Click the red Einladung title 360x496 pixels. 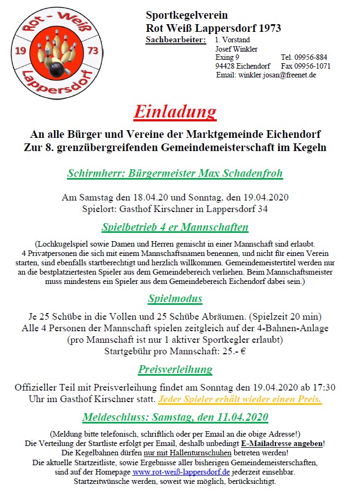click(175, 112)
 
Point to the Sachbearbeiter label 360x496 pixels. click(176, 40)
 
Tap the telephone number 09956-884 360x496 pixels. click(304, 57)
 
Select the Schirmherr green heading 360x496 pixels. click(175, 174)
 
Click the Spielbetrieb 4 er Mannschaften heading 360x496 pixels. click(175, 227)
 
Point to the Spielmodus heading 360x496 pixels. click(175, 299)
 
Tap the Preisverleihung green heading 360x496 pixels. click(175, 369)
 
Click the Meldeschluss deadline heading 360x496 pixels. click(175, 417)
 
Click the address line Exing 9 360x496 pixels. click(227, 57)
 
